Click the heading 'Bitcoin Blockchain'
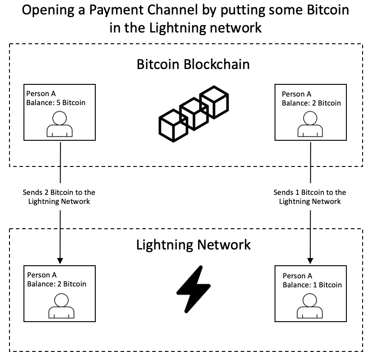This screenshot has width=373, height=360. click(193, 64)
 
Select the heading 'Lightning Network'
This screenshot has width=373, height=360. click(193, 245)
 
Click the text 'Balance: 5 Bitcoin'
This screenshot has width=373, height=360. click(56, 102)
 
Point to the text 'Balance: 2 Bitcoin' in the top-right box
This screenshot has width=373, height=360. click(311, 103)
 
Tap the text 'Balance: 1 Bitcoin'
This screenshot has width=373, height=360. click(312, 285)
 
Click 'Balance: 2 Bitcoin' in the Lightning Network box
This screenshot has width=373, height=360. click(56, 284)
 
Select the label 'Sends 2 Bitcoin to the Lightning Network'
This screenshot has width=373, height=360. click(59, 197)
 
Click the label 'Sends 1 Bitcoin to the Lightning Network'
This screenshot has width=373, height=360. click(310, 197)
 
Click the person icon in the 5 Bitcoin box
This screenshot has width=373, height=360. click(60, 125)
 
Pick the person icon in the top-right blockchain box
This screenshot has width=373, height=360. click(310, 124)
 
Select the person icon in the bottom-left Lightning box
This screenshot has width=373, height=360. click(60, 305)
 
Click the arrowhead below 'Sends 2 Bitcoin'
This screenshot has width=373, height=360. click(60, 261)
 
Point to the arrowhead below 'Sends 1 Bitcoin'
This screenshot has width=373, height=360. click(310, 261)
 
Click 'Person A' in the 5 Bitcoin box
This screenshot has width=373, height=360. click(41, 94)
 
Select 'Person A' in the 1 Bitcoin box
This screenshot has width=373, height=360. click(297, 276)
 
